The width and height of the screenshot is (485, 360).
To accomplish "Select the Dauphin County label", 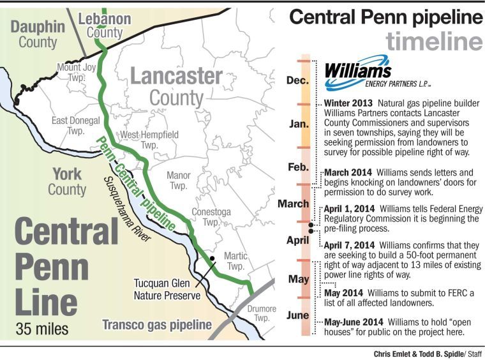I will [37, 34].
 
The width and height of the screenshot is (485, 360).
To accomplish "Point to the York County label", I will [67, 181].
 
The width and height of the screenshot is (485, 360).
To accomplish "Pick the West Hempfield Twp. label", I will [150, 140].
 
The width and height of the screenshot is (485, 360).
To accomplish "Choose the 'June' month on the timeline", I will [298, 315].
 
